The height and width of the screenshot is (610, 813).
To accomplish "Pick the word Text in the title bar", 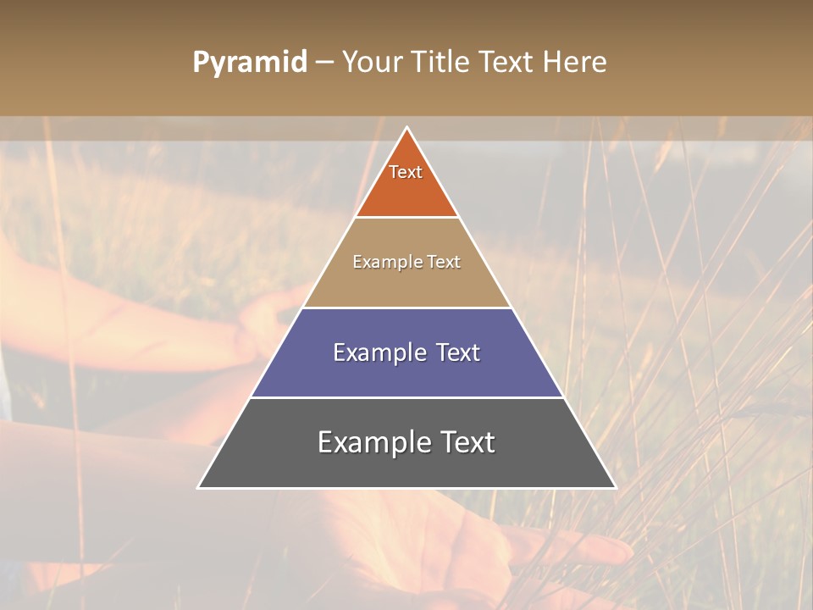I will click(508, 63).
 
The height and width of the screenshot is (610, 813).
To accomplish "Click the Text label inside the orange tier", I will click(406, 172).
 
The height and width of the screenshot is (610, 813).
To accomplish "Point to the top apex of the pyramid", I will click(406, 129).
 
